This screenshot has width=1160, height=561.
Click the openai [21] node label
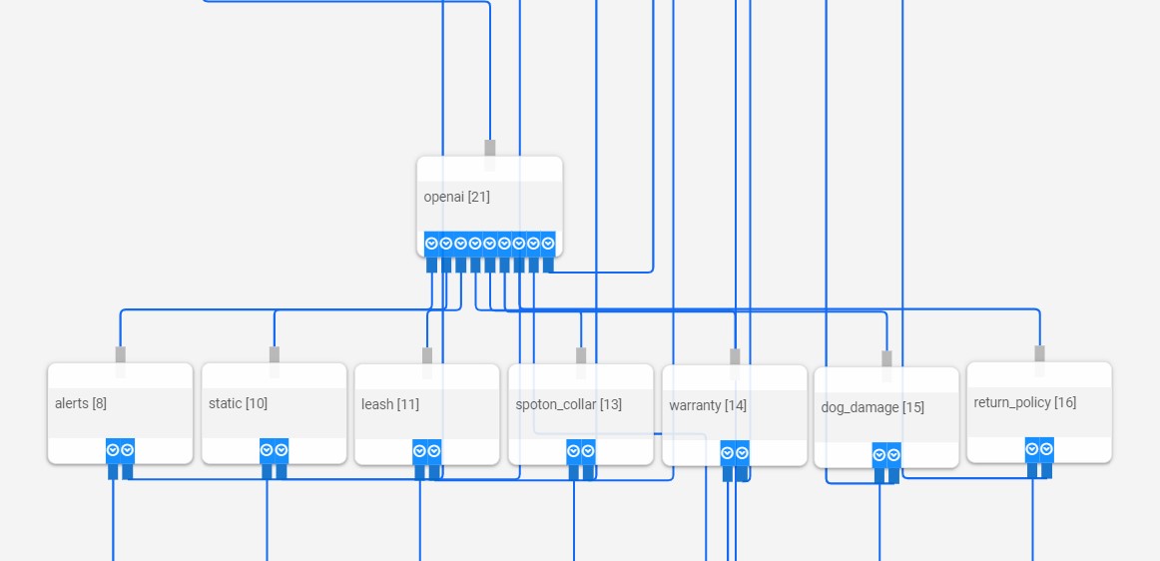point(456,197)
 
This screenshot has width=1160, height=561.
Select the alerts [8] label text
point(81,403)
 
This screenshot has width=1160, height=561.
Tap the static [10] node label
point(238,403)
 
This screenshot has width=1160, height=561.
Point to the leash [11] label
point(390,404)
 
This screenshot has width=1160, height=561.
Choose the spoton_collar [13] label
point(568,404)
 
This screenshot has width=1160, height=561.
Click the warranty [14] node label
point(708,405)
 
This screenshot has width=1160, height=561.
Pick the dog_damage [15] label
point(872,407)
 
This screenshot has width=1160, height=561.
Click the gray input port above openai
point(490,148)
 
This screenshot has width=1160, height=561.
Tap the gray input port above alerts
point(121,354)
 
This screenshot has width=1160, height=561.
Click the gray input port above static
point(275,354)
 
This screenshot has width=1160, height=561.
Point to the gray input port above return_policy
point(1039,353)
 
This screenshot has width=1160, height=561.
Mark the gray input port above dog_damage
point(886,358)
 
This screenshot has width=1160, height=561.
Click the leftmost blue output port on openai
point(431,244)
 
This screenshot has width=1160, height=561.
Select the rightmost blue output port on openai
point(548,244)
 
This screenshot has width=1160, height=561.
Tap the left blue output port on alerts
point(113,450)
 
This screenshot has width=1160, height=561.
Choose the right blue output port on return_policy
point(1046,449)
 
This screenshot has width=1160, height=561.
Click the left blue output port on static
point(267,450)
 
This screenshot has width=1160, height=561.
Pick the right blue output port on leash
point(434,451)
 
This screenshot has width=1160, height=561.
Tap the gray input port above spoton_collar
point(581,355)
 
